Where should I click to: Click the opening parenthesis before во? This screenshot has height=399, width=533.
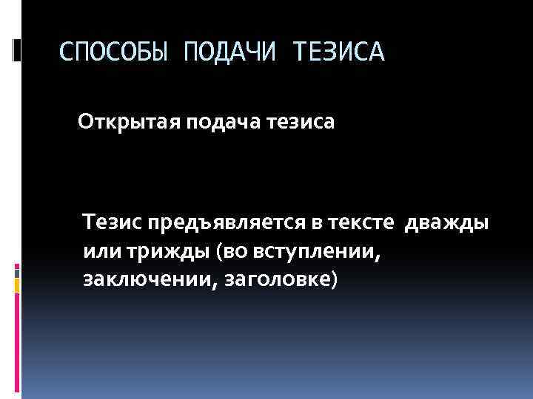220,251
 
